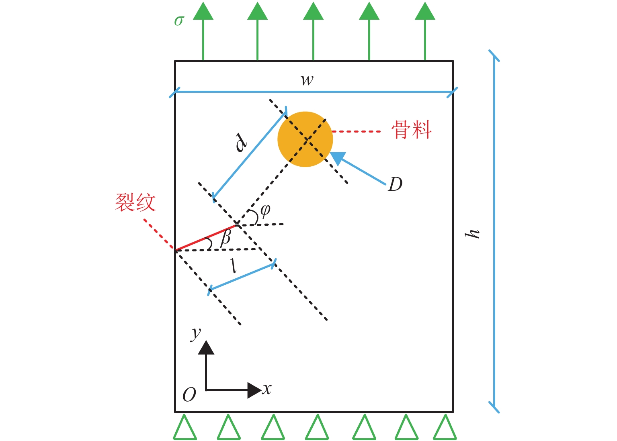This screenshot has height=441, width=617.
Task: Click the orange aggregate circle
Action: point(305,139)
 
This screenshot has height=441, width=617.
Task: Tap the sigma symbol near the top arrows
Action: point(179,21)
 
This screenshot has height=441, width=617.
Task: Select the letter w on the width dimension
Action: point(307,80)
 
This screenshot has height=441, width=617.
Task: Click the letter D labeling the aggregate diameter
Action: point(395,184)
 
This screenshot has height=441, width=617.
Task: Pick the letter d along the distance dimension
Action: point(241,143)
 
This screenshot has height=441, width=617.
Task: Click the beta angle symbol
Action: point(225,238)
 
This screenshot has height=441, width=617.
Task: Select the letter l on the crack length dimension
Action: point(234,266)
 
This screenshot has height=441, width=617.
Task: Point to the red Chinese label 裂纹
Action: point(135,202)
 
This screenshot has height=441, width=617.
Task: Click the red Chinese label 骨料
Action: point(412,130)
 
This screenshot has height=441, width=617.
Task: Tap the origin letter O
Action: point(189,395)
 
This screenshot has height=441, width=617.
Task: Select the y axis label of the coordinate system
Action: point(196,333)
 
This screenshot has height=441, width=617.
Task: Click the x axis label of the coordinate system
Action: point(267,389)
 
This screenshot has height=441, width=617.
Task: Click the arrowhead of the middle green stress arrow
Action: point(313,11)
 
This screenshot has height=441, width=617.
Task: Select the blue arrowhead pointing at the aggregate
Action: point(338,158)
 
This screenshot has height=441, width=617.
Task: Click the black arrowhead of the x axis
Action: point(254,390)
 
